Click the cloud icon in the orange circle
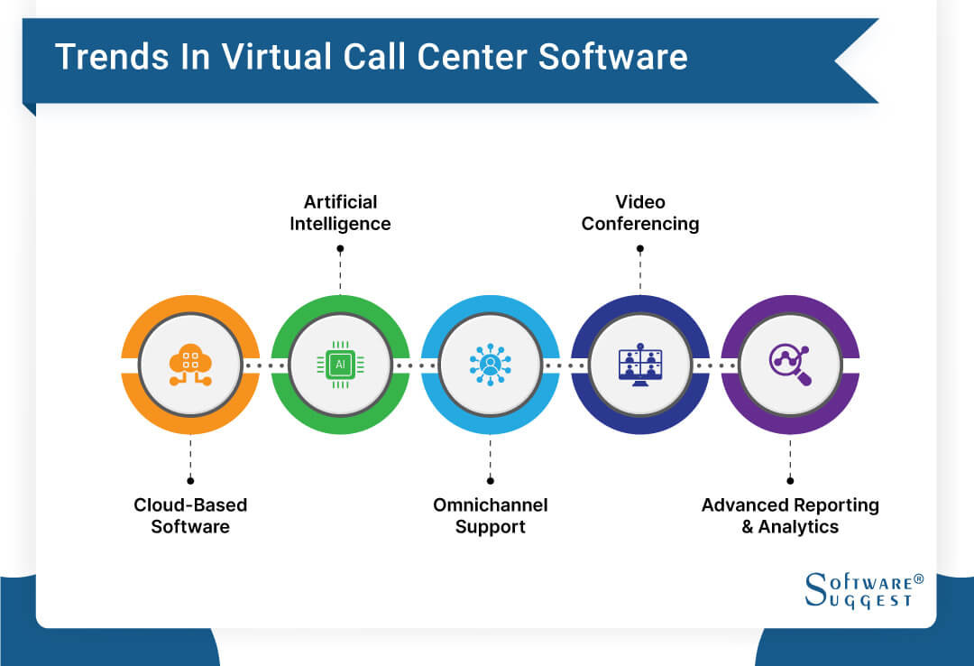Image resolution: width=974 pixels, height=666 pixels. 190,365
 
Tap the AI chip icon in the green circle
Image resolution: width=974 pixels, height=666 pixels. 340,365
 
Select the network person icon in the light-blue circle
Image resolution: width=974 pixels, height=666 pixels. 490,365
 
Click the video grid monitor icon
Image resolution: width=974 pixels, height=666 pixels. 639,365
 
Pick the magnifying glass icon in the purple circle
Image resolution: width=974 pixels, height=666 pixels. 790,365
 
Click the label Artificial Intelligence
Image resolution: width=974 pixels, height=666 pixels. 340,212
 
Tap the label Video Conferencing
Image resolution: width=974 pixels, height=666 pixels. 639,212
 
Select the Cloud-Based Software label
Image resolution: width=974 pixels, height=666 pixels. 190,515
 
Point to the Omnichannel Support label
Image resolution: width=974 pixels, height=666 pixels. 490,515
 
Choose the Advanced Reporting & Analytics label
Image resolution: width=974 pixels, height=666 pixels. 790,515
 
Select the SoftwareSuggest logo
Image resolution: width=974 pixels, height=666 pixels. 857,590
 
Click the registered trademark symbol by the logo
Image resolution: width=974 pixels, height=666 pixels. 918,578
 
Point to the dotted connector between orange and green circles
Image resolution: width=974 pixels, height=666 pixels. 265,365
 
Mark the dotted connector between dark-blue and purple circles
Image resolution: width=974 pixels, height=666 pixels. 715,365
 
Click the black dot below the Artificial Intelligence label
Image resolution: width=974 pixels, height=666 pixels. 340,247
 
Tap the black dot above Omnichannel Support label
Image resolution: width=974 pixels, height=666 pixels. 490,481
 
